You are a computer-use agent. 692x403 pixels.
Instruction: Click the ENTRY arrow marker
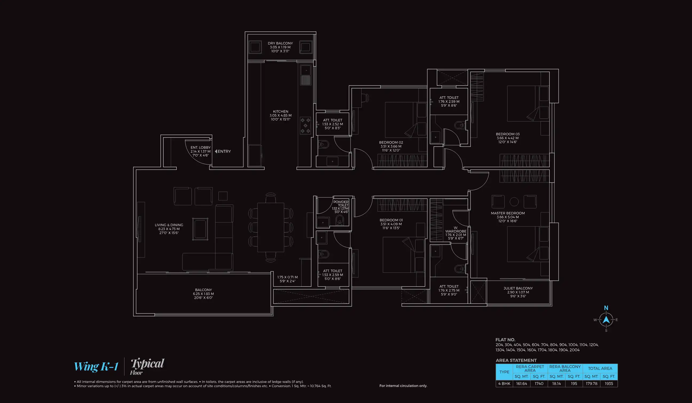216,151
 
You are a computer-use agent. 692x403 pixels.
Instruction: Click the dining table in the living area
270,227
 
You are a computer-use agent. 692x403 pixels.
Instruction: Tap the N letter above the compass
606,308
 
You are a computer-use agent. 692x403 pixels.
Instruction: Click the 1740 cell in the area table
539,384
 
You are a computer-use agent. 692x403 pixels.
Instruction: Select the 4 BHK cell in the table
504,384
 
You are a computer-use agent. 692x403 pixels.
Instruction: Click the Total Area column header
600,368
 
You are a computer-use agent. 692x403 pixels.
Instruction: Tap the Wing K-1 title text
96,366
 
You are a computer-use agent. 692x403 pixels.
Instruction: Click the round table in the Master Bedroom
514,202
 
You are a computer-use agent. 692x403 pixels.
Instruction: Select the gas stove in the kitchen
305,125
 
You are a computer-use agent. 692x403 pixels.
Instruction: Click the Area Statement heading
516,360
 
